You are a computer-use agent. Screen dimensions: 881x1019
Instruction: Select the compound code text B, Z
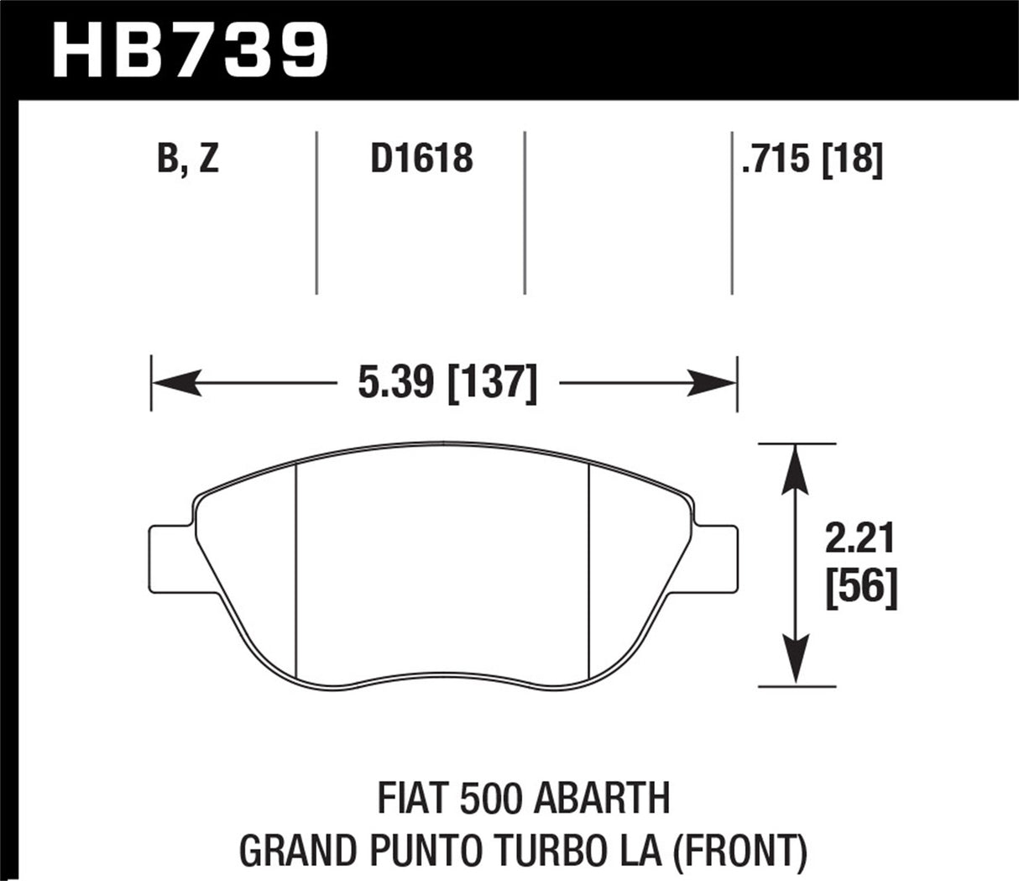pyautogui.click(x=188, y=159)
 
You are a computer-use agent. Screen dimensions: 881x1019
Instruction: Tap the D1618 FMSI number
pyautogui.click(x=421, y=159)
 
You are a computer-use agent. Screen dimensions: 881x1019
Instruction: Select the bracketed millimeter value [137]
pyautogui.click(x=494, y=384)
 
